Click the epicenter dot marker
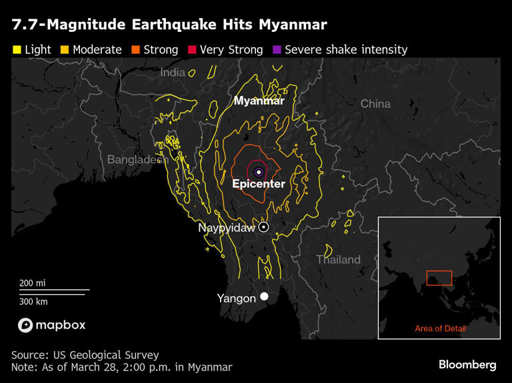[x=259, y=172]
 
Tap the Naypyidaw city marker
[x=264, y=227]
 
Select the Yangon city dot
[x=265, y=296]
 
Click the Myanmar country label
[x=259, y=101]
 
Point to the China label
[x=375, y=104]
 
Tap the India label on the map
[x=173, y=73]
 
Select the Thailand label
[x=338, y=260]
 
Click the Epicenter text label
[x=259, y=184]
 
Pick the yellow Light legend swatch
[x=16, y=50]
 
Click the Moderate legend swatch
[x=65, y=50]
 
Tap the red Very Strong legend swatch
[x=192, y=50]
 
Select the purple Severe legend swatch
[x=277, y=50]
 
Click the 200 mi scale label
[x=33, y=283]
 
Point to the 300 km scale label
[x=33, y=301]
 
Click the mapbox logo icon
[x=25, y=325]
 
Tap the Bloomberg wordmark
[x=467, y=365]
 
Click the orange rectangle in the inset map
[x=439, y=278]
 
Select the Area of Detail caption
[x=440, y=328]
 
